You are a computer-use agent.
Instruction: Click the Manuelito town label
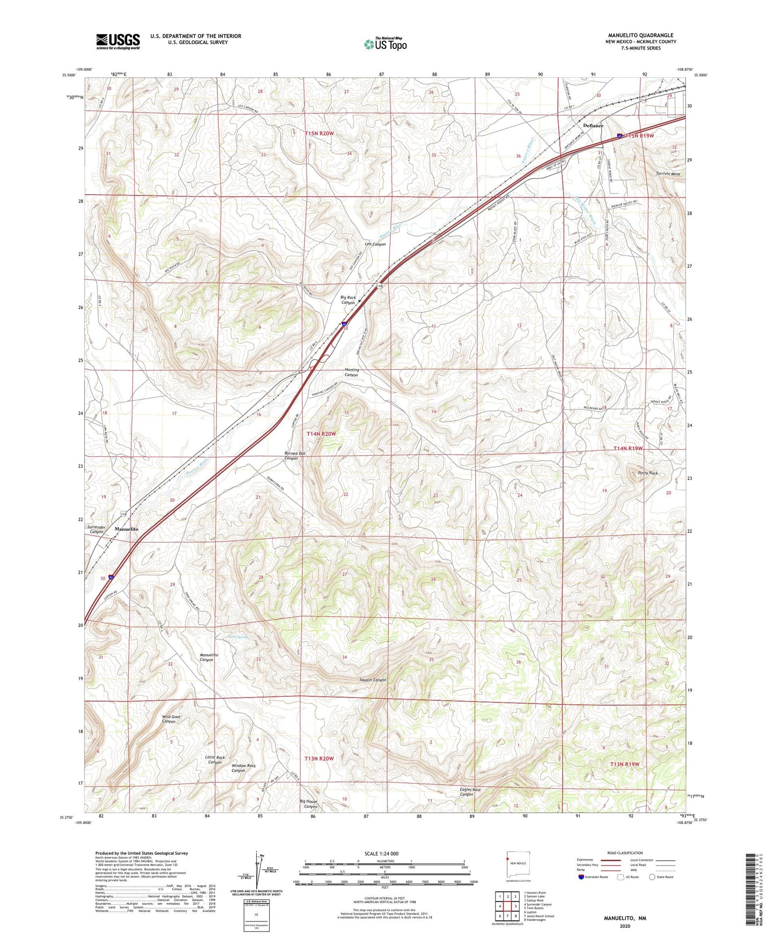click(x=127, y=529)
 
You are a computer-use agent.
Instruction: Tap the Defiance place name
click(x=593, y=125)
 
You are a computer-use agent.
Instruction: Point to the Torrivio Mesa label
click(x=668, y=174)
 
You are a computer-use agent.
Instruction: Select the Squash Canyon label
click(x=373, y=680)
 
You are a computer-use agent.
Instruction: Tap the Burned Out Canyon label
click(x=294, y=456)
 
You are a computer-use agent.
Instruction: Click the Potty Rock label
click(x=647, y=473)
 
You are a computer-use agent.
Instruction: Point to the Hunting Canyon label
click(x=351, y=372)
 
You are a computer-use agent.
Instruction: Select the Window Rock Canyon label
click(x=243, y=768)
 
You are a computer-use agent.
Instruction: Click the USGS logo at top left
click(x=118, y=41)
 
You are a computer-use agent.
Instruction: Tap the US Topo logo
click(x=385, y=44)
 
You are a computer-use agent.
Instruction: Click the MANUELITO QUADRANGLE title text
click(x=641, y=35)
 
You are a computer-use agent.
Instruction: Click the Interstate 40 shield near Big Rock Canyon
click(x=344, y=324)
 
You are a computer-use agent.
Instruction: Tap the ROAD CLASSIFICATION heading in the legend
click(x=625, y=853)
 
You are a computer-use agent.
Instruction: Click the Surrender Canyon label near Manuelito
click(x=97, y=529)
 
